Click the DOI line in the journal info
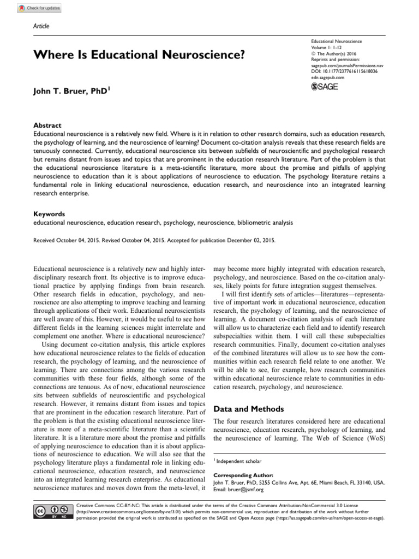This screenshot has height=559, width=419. [x=344, y=72]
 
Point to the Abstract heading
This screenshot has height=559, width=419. [x=47, y=125]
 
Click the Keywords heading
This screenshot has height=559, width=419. [x=49, y=215]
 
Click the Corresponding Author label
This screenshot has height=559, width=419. [x=243, y=475]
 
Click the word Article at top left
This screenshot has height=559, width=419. [x=41, y=26]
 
